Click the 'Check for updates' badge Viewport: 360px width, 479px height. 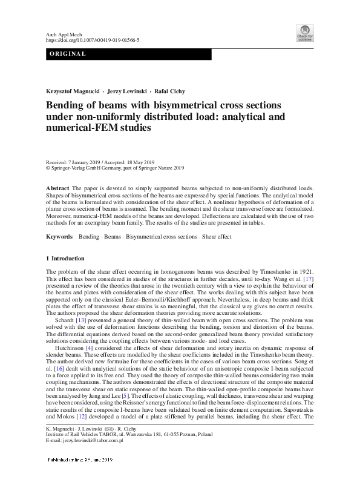click(304, 32)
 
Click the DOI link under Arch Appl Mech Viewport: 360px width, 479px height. click(93, 39)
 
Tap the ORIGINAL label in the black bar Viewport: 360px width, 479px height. click(67, 55)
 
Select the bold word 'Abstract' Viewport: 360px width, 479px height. click(58, 189)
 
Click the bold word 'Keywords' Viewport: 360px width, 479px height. click(60, 236)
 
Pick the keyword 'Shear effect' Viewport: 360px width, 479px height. click(217, 236)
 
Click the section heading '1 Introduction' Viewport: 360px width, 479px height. click(68, 258)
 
